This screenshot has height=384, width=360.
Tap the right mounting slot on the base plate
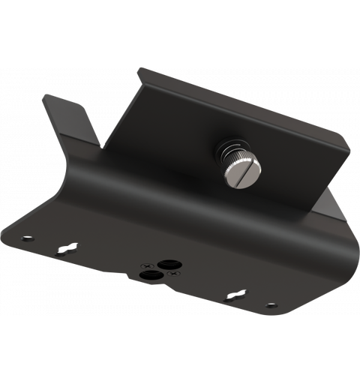[x=237, y=294]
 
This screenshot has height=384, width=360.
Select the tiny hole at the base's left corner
[x=28, y=238]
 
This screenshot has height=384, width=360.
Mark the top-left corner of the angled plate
[x=137, y=68]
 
